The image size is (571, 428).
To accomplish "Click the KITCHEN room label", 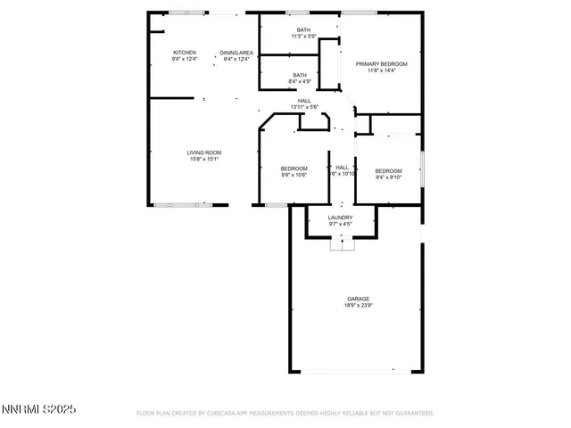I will (185, 53).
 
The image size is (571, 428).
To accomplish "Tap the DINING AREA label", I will (237, 53).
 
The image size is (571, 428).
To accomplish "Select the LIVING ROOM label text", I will (204, 152).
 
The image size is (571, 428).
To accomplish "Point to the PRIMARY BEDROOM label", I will (382, 64).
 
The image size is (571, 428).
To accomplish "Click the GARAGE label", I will (359, 299).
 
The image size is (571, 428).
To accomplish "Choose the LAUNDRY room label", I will (340, 218).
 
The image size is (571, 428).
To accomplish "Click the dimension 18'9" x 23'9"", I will (359, 306).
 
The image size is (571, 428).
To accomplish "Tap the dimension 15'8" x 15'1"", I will (204, 160).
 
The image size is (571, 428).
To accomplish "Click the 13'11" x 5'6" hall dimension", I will (304, 107).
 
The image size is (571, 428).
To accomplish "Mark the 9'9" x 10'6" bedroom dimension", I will (294, 176).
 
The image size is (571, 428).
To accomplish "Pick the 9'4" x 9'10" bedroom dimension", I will (388, 177).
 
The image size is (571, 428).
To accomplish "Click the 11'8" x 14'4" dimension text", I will (382, 71).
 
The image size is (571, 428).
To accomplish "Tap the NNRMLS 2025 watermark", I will (40, 410).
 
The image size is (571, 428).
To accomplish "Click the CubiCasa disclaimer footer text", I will (285, 414).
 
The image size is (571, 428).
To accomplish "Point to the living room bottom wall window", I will (178, 205).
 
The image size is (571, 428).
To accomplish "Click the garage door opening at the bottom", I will (358, 372).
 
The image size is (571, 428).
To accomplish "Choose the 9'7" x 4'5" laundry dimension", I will (340, 225).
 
